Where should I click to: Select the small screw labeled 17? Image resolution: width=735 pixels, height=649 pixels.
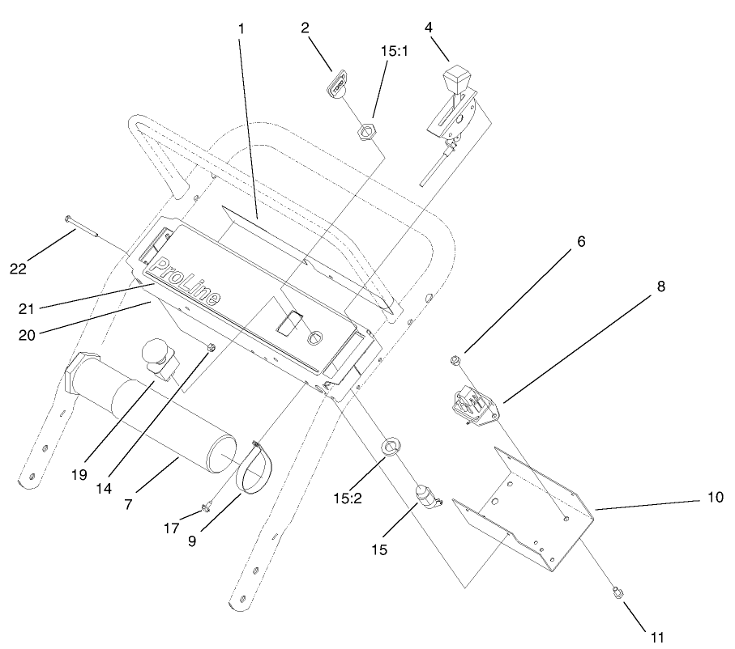pyautogui.click(x=207, y=507)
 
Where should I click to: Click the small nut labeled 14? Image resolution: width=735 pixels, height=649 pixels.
pyautogui.click(x=210, y=349)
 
